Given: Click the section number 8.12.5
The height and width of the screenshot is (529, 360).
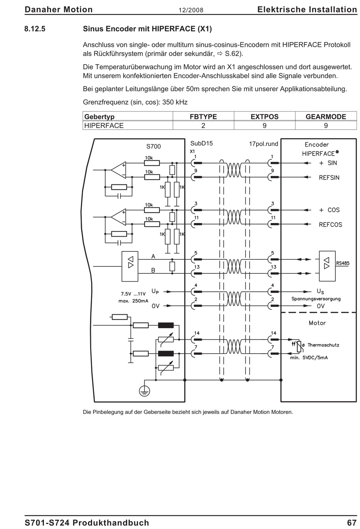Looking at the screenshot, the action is [35, 29].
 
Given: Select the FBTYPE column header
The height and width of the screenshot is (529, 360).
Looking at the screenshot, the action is [203, 117].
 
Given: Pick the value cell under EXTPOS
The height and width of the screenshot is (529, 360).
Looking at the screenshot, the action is [265, 125].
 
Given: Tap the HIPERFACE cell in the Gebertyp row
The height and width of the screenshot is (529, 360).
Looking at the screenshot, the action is [104, 125].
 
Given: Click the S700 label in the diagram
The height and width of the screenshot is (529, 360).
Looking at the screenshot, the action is [153, 147].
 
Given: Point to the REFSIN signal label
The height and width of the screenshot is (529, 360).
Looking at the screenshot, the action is [329, 178].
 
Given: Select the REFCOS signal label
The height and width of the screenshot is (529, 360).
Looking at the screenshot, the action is [330, 225].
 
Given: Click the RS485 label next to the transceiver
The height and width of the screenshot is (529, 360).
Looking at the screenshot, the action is [343, 263].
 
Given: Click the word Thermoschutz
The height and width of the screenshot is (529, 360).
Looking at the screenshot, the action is [323, 345].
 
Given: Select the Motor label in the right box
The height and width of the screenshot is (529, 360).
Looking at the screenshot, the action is [317, 323].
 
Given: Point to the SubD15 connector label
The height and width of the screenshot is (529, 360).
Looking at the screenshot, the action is [201, 144].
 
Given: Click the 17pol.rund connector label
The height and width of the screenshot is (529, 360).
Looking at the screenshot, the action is [264, 144].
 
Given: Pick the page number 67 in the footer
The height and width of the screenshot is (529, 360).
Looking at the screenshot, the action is [352, 523].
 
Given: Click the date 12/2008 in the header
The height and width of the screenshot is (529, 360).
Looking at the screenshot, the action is [191, 10].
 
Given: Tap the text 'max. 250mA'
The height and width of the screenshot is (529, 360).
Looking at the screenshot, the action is [133, 301].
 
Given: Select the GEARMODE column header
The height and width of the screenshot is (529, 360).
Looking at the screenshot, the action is [326, 117].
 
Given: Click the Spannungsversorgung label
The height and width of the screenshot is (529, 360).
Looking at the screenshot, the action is [316, 299].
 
